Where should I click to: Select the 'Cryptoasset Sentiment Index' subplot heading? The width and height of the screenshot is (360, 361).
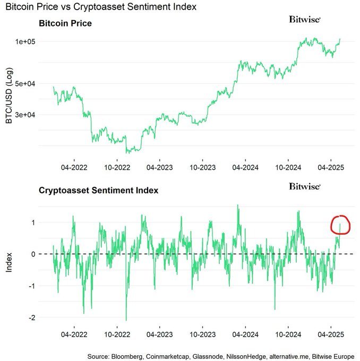pyautogui.click(x=98, y=190)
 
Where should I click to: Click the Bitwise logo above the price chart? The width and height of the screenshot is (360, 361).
pyautogui.click(x=305, y=19)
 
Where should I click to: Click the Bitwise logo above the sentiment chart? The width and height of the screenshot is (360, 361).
pyautogui.click(x=305, y=186)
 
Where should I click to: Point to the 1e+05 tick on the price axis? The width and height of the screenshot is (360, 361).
pyautogui.click(x=24, y=41)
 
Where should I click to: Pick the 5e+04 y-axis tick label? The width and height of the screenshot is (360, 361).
pyautogui.click(x=24, y=84)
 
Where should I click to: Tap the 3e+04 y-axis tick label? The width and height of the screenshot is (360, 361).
pyautogui.click(x=24, y=115)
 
